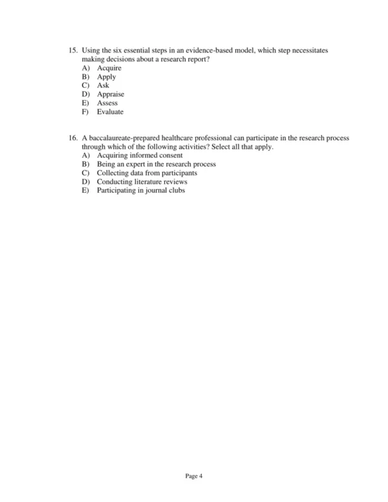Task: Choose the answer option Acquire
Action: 109,68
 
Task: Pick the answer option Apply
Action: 106,77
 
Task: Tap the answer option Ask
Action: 103,85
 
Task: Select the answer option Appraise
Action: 111,94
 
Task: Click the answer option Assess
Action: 107,103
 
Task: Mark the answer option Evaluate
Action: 110,112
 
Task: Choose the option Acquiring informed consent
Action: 140,156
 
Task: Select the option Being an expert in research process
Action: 156,164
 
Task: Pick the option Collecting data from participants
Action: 147,173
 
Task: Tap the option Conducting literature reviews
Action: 142,182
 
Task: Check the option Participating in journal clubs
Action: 141,191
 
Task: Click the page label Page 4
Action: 194,477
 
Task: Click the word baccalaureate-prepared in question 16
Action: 122,138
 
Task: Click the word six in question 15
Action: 129,50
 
